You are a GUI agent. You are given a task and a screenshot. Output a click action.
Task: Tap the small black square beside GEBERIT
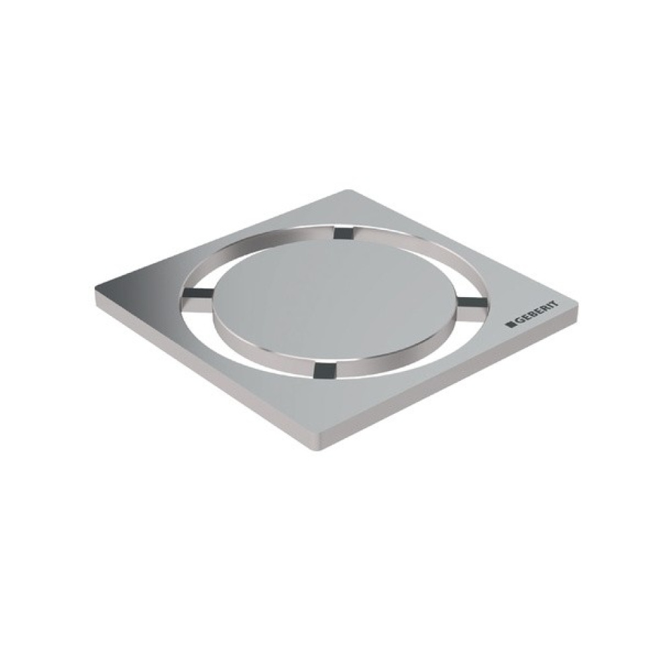click(509, 325)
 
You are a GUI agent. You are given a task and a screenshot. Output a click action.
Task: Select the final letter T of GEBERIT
click(556, 304)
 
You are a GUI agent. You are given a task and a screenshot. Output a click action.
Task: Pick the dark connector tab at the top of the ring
click(344, 233)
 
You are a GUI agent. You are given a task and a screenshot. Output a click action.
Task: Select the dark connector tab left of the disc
click(197, 293)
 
